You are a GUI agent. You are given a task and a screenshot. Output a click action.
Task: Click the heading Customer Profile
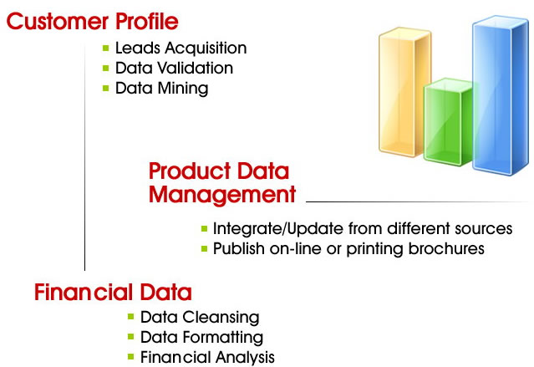pyautogui.click(x=92, y=22)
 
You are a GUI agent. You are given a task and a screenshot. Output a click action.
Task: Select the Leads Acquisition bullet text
pyautogui.click(x=181, y=48)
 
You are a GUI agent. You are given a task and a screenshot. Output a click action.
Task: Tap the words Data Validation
pyautogui.click(x=174, y=68)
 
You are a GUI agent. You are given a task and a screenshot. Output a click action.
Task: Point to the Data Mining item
pyautogui.click(x=162, y=89)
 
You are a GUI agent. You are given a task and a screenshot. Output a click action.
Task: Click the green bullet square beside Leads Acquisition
pyautogui.click(x=105, y=48)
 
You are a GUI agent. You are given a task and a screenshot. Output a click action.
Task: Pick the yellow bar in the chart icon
pyautogui.click(x=404, y=92)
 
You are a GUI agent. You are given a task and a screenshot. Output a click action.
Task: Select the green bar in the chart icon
pyautogui.click(x=448, y=122)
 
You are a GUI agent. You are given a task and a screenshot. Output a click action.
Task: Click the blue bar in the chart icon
pyautogui.click(x=501, y=95)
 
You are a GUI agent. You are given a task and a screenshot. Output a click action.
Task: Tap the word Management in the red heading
pyautogui.click(x=222, y=196)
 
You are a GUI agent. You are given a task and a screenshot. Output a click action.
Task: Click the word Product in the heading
pyautogui.click(x=190, y=171)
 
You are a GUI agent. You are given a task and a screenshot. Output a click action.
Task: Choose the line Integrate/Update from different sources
pyautogui.click(x=363, y=229)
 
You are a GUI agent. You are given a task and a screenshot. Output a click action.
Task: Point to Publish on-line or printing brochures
pyautogui.click(x=348, y=249)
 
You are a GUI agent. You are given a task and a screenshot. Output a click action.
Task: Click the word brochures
pyautogui.click(x=446, y=248)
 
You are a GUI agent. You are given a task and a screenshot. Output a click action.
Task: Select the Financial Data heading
pyautogui.click(x=113, y=293)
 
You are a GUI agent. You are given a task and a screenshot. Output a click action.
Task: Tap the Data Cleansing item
pyautogui.click(x=200, y=317)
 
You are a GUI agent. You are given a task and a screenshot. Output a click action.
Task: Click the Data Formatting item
pyautogui.click(x=201, y=338)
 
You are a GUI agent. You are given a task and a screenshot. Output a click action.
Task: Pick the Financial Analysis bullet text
pyautogui.click(x=207, y=358)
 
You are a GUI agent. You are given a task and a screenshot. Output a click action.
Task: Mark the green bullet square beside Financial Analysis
pyautogui.click(x=130, y=357)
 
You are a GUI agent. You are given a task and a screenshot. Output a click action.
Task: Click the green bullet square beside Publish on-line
pyautogui.click(x=205, y=249)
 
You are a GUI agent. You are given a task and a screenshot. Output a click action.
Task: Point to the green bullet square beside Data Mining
pyautogui.click(x=105, y=89)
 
